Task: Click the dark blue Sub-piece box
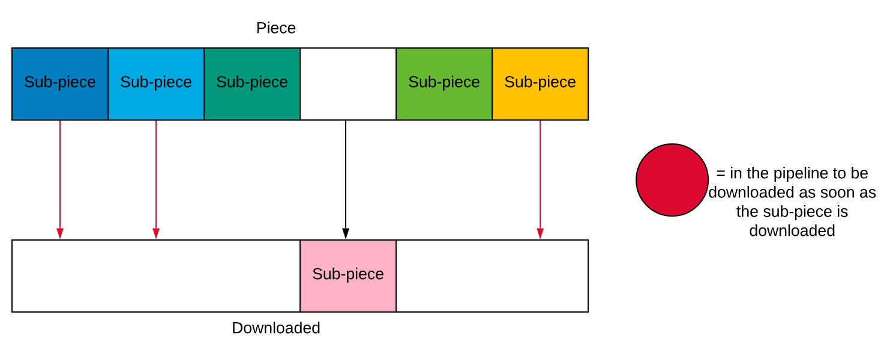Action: point(60,84)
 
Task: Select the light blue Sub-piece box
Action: point(156,84)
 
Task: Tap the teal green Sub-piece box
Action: point(252,84)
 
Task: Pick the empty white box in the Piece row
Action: point(348,84)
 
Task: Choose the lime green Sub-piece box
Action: point(444,84)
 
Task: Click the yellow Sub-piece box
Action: point(540,84)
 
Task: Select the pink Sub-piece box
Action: point(348,276)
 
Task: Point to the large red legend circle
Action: point(672,180)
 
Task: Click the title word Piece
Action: point(276,28)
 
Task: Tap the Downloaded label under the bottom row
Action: point(276,328)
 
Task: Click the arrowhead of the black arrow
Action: point(346,233)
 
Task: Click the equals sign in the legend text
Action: point(721,173)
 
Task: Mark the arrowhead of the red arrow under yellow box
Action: point(540,233)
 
